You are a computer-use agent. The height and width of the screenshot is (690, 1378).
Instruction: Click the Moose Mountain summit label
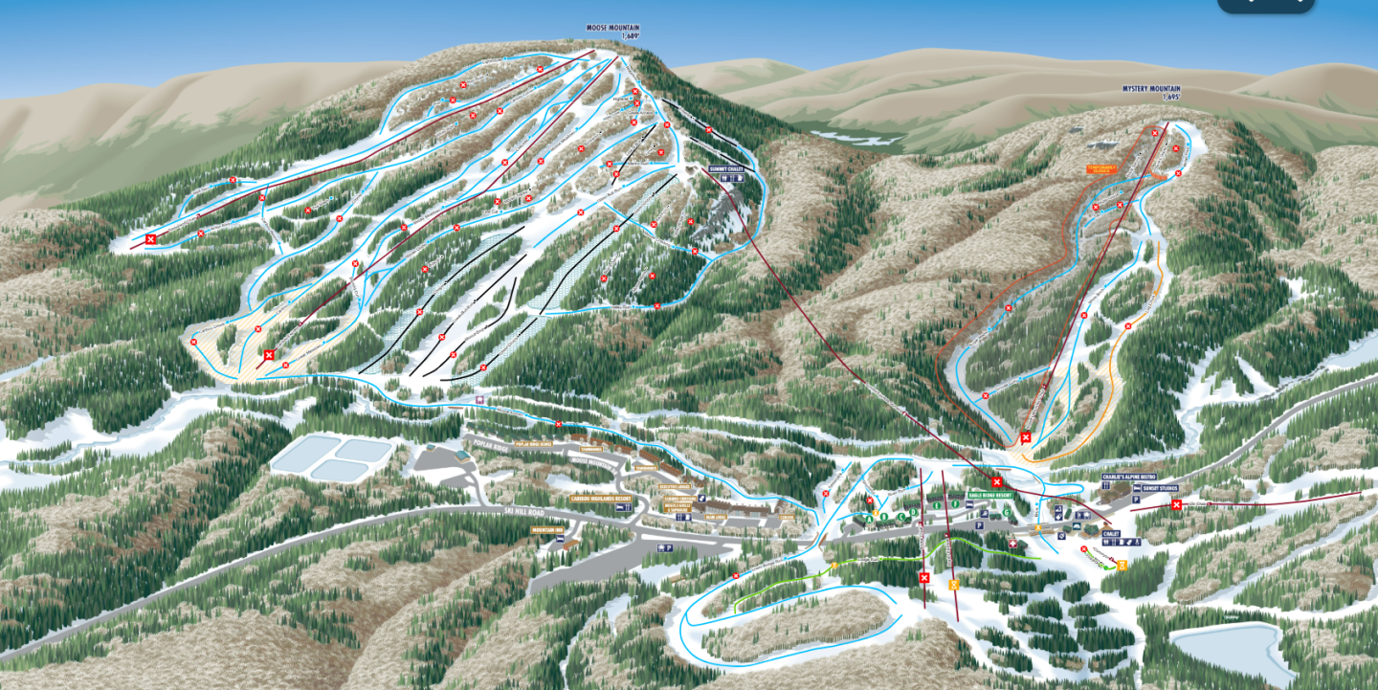(x=611, y=28)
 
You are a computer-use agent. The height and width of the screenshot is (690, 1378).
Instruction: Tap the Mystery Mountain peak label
(x=1150, y=89)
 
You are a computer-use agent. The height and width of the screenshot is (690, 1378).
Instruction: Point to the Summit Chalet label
(x=725, y=168)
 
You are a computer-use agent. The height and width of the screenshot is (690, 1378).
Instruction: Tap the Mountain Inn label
(x=549, y=528)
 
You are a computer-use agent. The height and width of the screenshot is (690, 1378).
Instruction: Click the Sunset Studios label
(x=1160, y=488)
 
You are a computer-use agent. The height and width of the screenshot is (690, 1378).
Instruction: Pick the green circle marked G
(x=1007, y=512)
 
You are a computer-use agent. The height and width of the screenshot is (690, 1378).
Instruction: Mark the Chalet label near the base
(x=1110, y=533)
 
